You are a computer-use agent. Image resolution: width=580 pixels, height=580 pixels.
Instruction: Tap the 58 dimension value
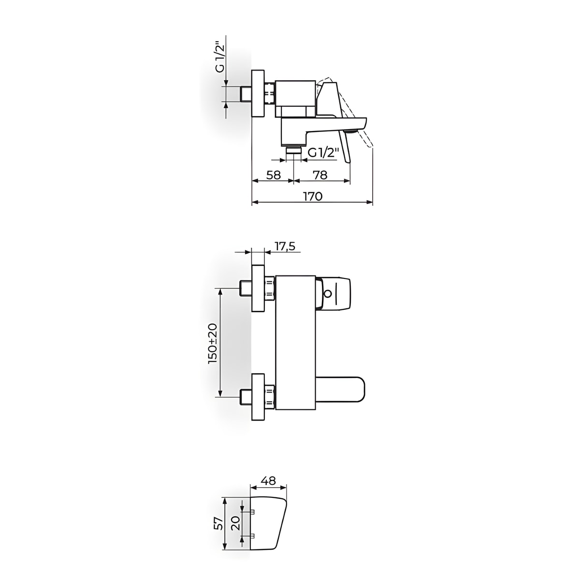pyautogui.click(x=274, y=175)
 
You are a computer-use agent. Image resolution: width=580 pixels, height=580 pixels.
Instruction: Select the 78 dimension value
pyautogui.click(x=320, y=175)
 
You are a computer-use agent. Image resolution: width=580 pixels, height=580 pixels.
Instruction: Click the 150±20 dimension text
pyautogui.click(x=213, y=344)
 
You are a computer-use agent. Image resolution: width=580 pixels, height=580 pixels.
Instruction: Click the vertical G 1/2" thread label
pyautogui.click(x=220, y=58)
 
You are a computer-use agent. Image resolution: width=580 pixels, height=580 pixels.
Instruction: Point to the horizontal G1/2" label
pyautogui.click(x=324, y=153)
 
